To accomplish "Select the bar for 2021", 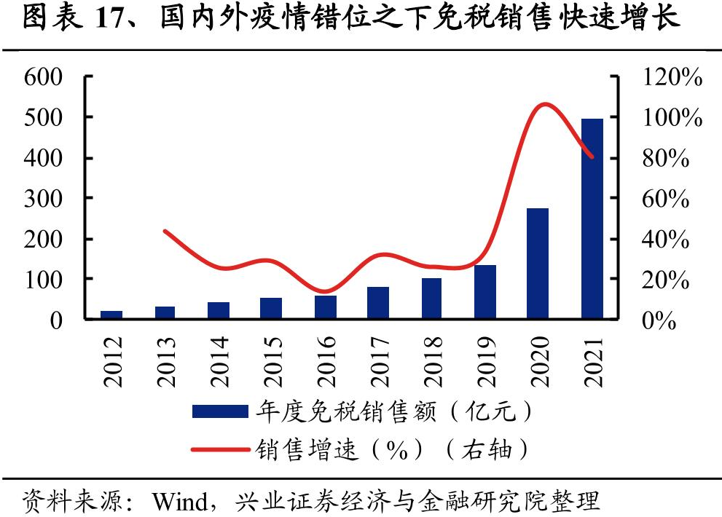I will point(592,218).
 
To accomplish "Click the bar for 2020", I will point(538,264).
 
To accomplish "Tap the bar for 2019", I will point(484,292).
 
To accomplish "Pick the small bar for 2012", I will point(112,315).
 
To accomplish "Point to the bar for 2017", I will point(378,303).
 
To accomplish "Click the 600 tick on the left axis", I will point(44,76).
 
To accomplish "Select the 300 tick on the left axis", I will point(44,198).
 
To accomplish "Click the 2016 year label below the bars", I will point(326,361).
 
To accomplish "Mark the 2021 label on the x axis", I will point(592,361).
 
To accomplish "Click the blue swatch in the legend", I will point(219,412).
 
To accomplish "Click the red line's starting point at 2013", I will point(165,232).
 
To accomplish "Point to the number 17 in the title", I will point(111,19).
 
